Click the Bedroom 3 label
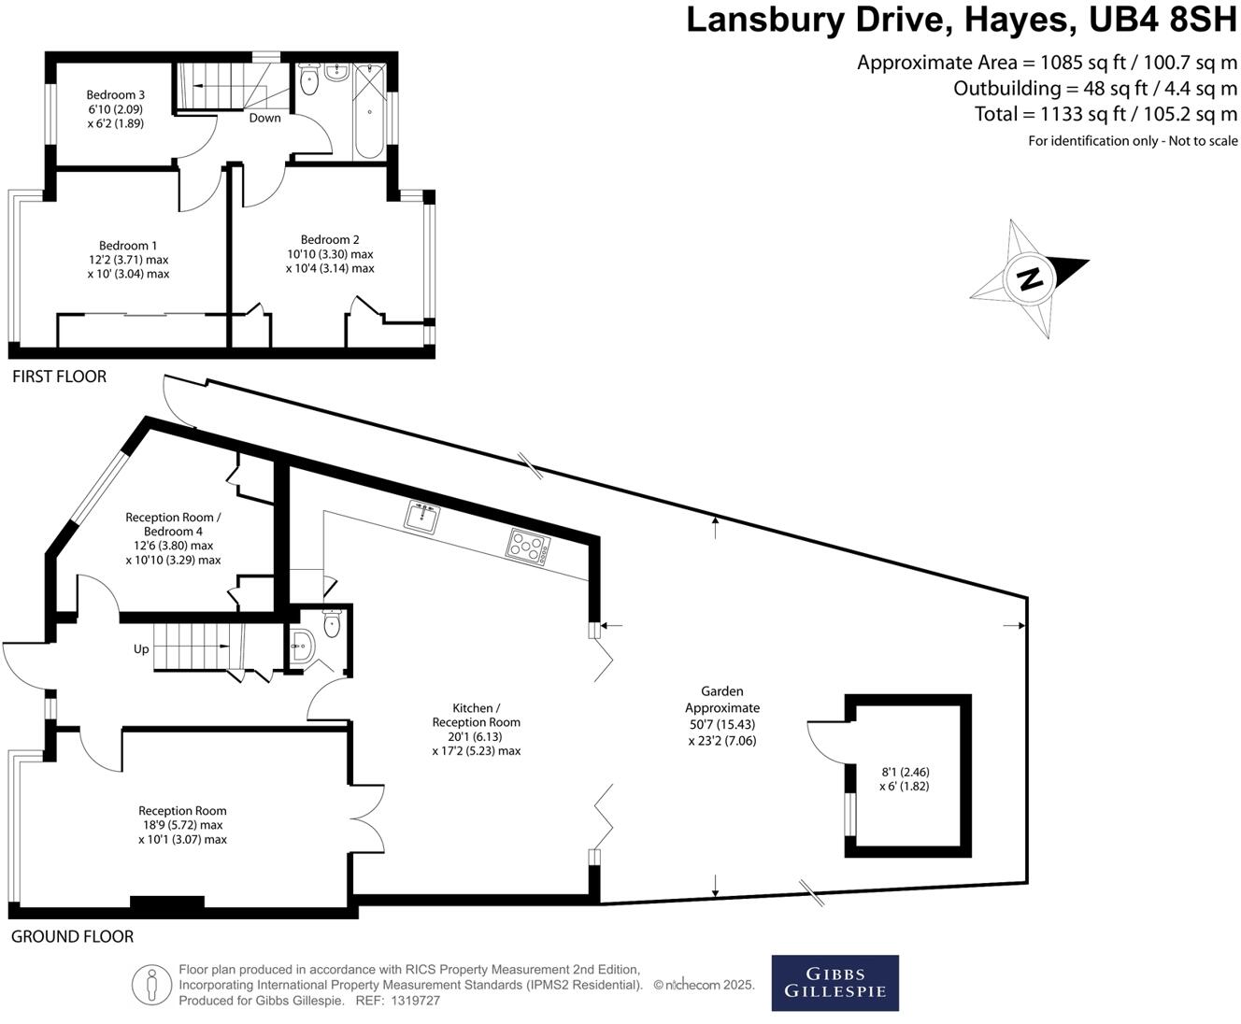click(x=115, y=94)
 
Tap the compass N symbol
click(x=1029, y=278)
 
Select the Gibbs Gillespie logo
click(x=834, y=983)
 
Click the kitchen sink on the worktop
click(x=423, y=516)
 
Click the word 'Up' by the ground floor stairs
click(x=141, y=648)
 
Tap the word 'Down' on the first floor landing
click(x=264, y=118)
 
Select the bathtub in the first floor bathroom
click(x=368, y=112)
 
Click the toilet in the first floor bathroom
click(x=310, y=82)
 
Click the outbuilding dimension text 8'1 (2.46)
click(x=906, y=772)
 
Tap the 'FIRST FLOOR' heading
click(x=59, y=377)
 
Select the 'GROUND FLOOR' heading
click(x=72, y=936)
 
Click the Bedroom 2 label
click(x=330, y=240)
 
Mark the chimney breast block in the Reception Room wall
click(x=166, y=903)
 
